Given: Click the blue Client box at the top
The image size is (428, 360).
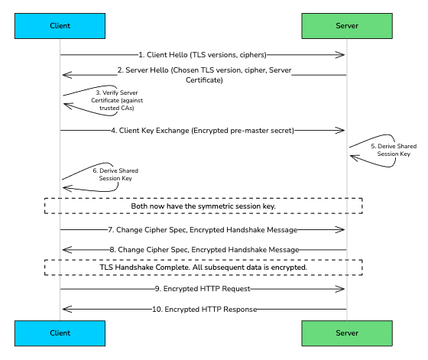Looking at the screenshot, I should [x=60, y=25].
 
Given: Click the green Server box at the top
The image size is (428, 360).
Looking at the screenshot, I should [x=346, y=25].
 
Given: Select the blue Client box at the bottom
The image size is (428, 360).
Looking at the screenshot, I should [x=60, y=334].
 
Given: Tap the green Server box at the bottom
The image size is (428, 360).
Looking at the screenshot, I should [x=346, y=334].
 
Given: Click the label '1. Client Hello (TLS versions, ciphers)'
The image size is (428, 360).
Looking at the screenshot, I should [x=203, y=55].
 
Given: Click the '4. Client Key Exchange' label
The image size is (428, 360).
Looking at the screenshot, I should [x=203, y=130].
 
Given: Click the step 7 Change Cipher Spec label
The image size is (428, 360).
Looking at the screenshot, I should [x=203, y=229].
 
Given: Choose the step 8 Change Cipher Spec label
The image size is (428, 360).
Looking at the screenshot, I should [x=203, y=249].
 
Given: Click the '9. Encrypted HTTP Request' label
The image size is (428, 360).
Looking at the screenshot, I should [x=203, y=289].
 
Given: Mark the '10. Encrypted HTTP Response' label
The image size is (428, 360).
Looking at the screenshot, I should [x=203, y=309].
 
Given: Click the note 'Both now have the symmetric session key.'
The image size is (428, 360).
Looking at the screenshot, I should [x=203, y=206].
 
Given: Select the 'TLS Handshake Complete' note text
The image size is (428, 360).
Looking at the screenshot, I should [x=203, y=268].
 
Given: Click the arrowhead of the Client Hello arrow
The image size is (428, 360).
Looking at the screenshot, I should [x=342, y=55].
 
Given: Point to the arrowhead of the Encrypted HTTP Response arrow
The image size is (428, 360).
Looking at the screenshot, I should [x=65, y=309].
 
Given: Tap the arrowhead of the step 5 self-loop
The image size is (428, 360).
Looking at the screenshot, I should [x=353, y=157].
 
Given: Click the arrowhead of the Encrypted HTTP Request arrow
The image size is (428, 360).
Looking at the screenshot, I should [x=342, y=289].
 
